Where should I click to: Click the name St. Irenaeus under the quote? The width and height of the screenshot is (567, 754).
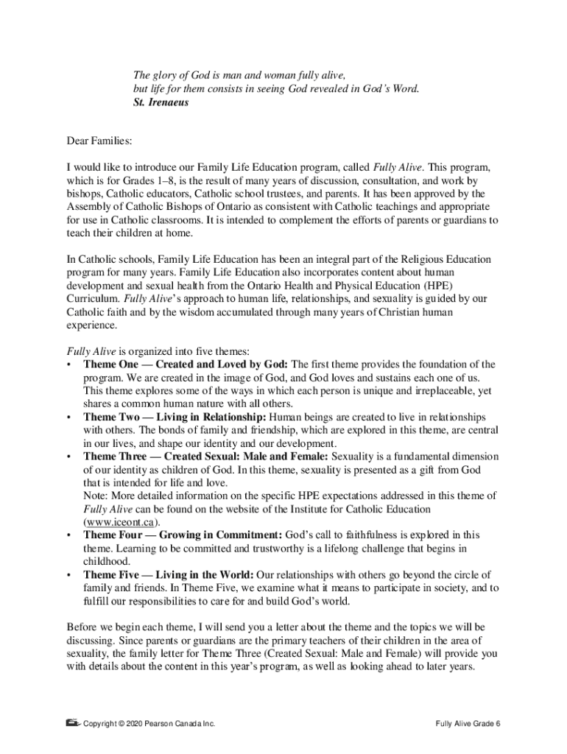161,102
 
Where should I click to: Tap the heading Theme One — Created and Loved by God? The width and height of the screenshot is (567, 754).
187,364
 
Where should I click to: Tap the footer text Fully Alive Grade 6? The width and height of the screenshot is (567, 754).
468,724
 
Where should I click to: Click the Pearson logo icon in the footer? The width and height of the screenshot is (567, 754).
72,723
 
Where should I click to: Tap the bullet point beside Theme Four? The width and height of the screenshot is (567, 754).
69,535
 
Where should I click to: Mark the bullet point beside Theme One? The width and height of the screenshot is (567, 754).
69,364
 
